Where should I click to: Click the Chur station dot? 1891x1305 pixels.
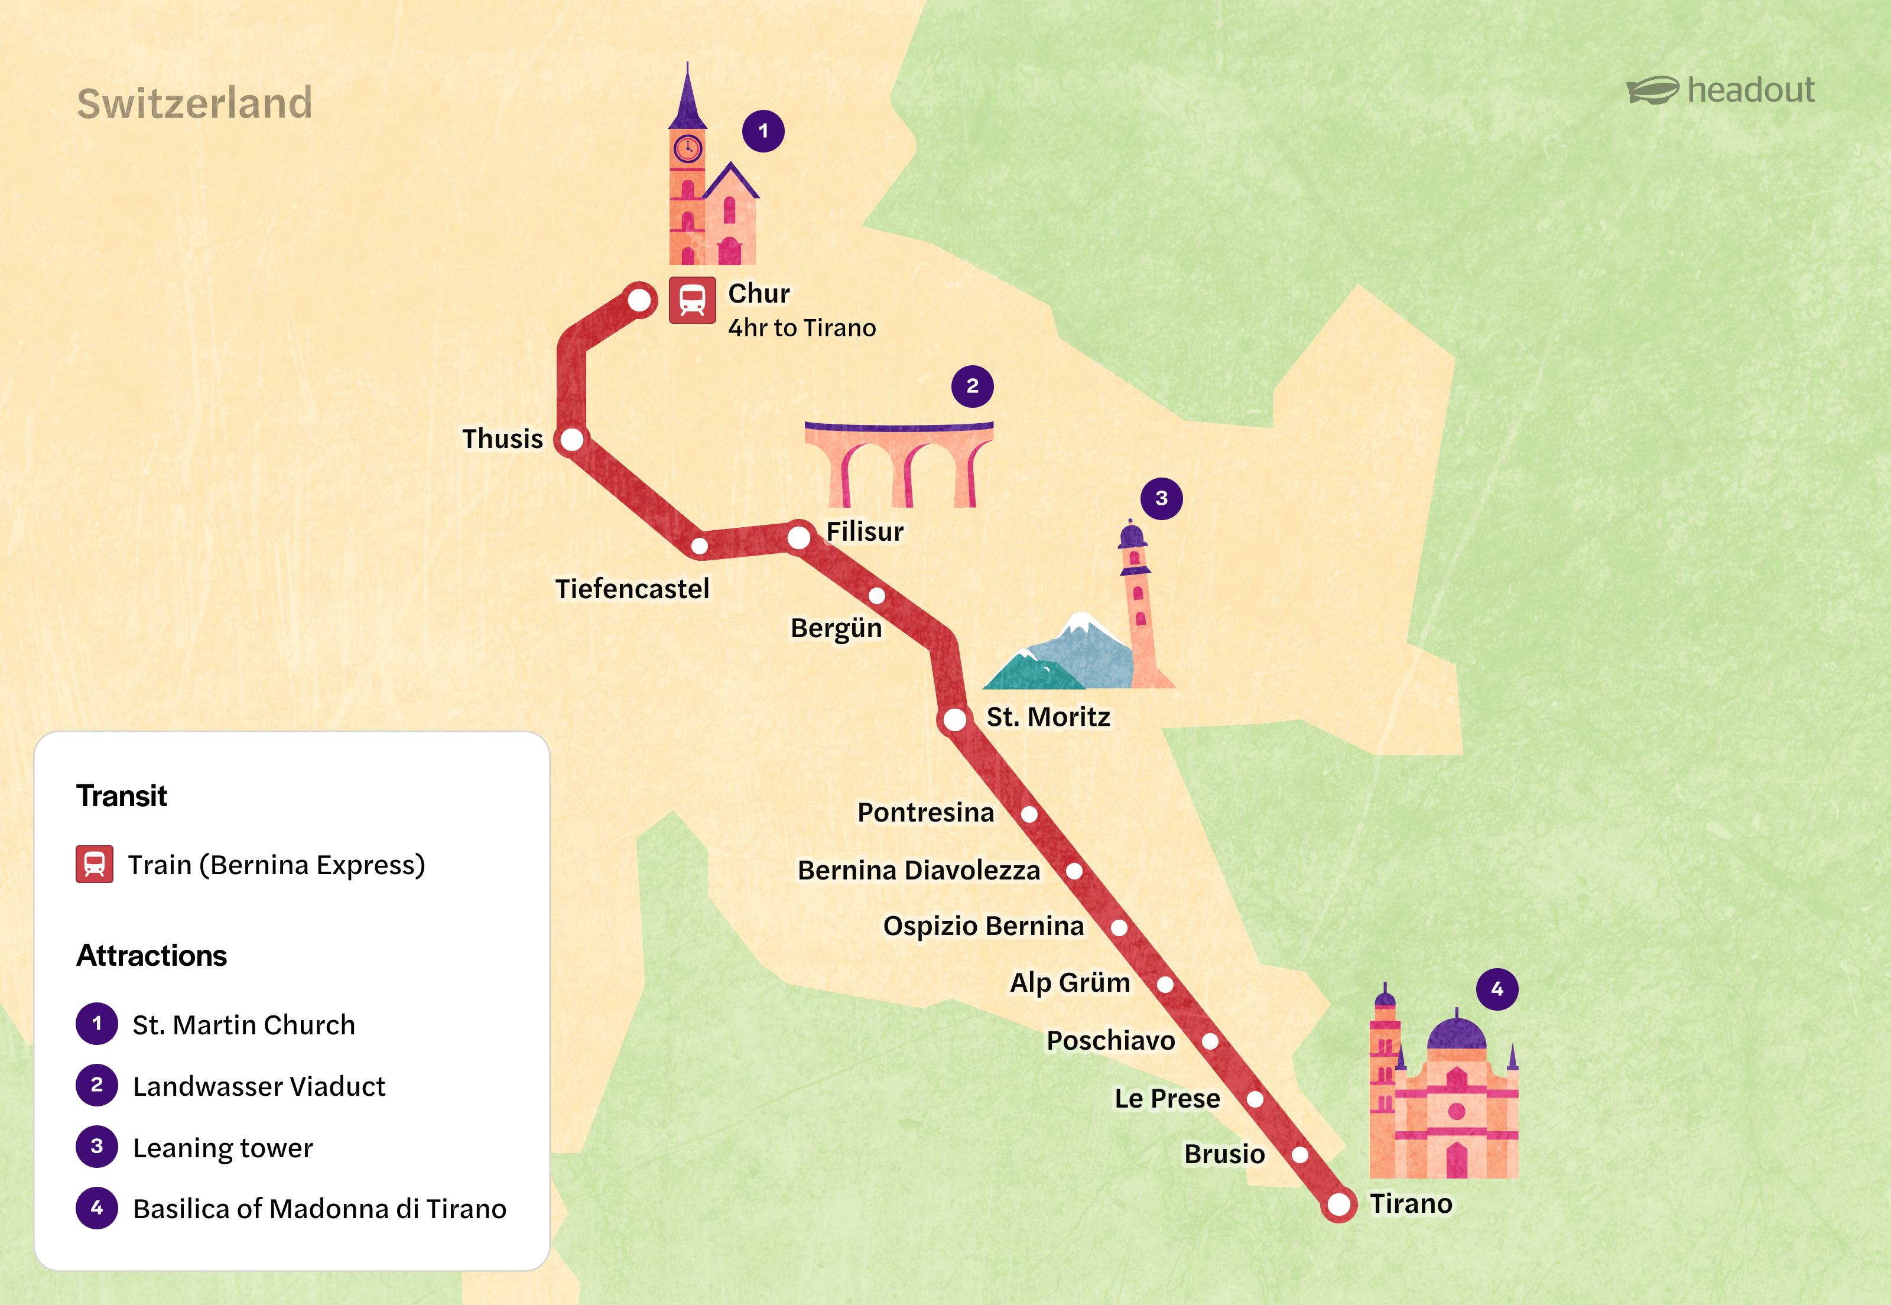[639, 300]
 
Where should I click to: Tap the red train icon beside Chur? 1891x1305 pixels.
[691, 300]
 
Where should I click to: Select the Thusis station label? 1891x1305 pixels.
[502, 439]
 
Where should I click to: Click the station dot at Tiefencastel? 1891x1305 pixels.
[700, 546]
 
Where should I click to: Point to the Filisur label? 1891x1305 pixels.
[864, 531]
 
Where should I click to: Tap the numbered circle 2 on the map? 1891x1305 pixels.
[972, 386]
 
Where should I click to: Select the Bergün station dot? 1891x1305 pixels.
[876, 595]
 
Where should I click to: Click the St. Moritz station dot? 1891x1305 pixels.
[954, 719]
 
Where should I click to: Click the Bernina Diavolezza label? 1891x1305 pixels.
[918, 871]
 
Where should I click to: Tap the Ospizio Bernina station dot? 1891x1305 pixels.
[1119, 927]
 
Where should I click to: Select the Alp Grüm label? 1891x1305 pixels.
[1070, 982]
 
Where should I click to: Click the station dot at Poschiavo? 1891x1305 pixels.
[1210, 1041]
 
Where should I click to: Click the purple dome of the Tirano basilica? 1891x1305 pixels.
[1456, 1034]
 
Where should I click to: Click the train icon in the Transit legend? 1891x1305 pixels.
[95, 864]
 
